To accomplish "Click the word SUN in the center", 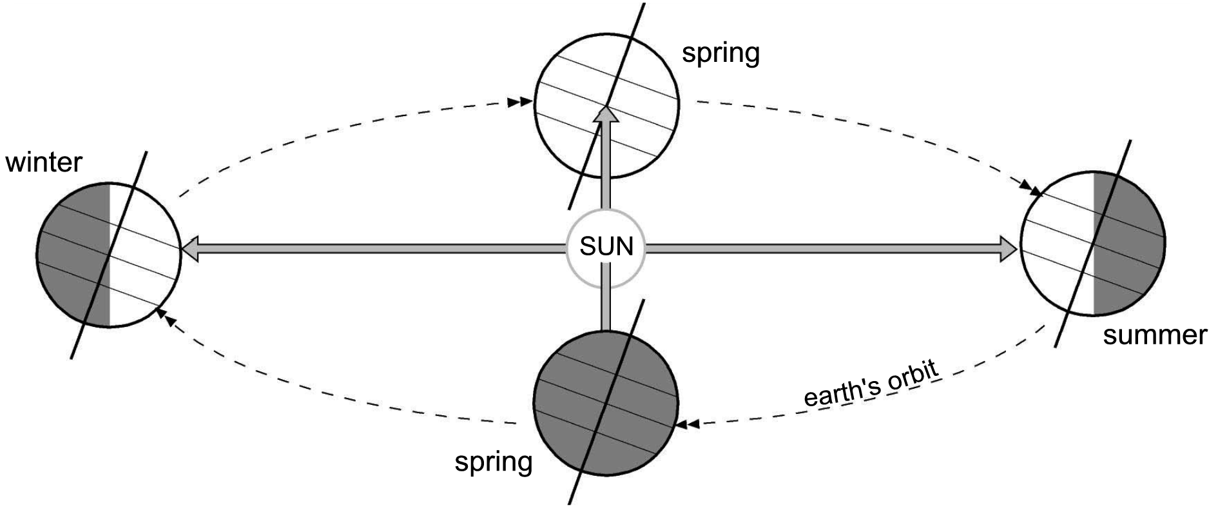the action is pos(606,247).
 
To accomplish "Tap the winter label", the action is pos(44,162).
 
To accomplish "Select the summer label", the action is pos(1155,335).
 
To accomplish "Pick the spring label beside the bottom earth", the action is pos(494,462).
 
